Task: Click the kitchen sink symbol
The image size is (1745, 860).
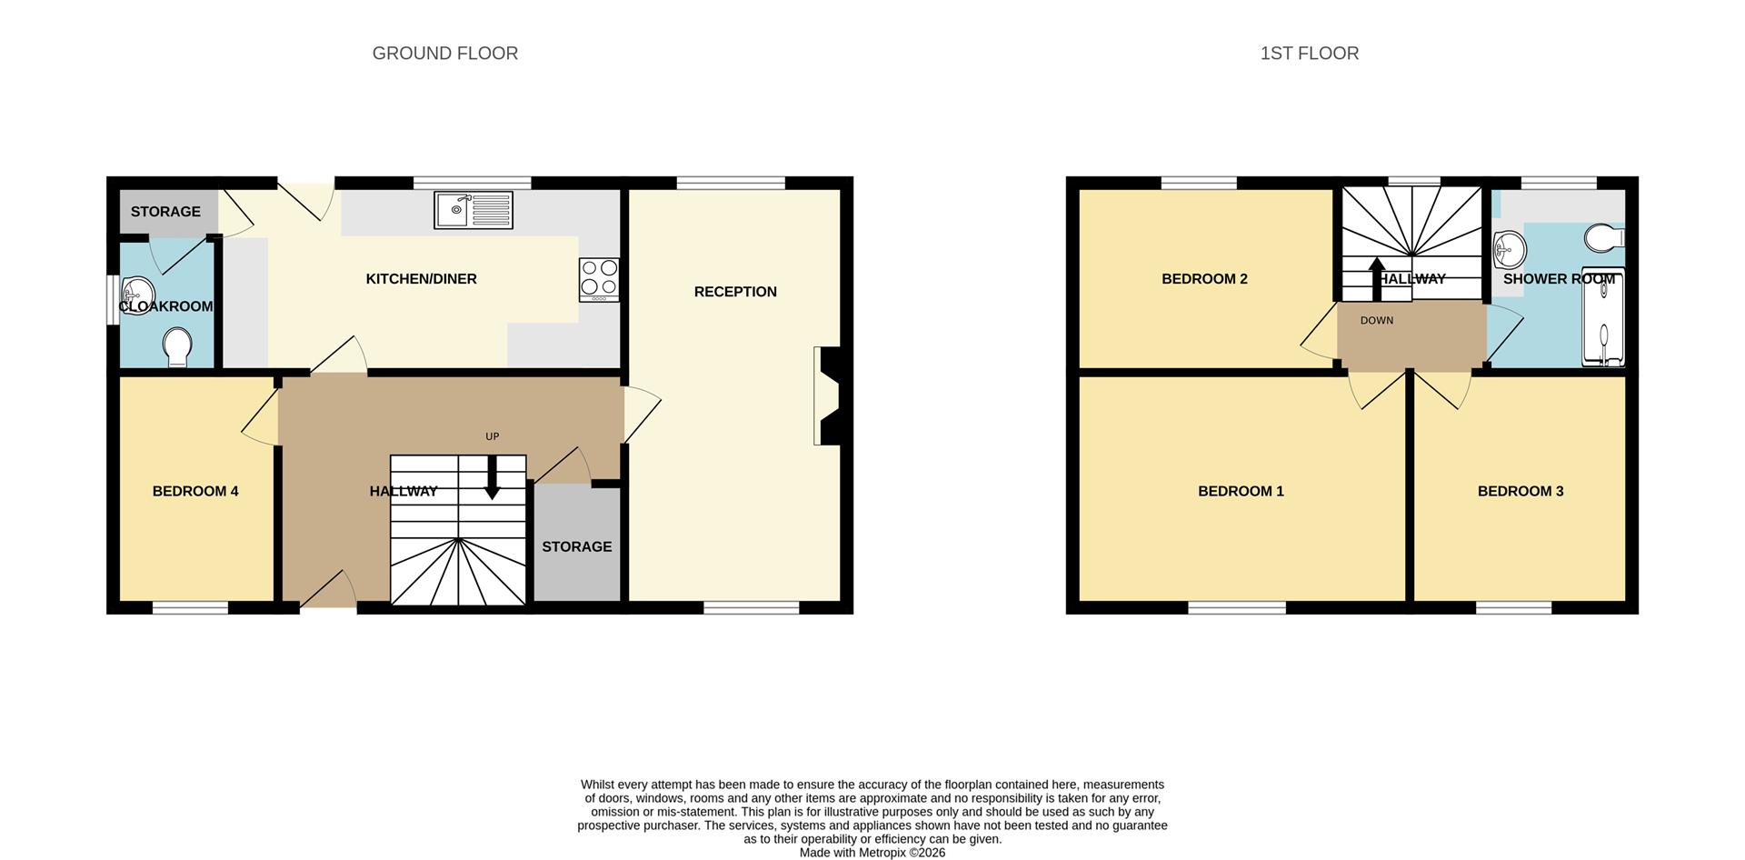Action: pyautogui.click(x=473, y=210)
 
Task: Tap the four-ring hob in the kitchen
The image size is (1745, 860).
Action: pyautogui.click(x=599, y=279)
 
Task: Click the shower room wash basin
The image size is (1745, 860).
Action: pyautogui.click(x=1509, y=247)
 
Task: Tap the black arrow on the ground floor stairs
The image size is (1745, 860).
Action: pyautogui.click(x=492, y=477)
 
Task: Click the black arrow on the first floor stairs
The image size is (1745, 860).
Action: pyautogui.click(x=1377, y=277)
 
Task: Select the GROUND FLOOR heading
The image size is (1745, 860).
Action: pyautogui.click(x=444, y=54)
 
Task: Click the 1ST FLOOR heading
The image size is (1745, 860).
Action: pyautogui.click(x=1309, y=54)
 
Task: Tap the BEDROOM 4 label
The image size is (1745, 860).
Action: pyautogui.click(x=195, y=491)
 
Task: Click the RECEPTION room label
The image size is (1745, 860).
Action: pyautogui.click(x=735, y=292)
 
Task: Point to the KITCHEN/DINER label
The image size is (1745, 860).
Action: pyautogui.click(x=421, y=279)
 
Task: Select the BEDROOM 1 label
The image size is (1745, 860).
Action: pyautogui.click(x=1241, y=491)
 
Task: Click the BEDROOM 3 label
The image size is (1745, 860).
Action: pyautogui.click(x=1520, y=491)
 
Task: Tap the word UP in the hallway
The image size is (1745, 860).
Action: pyautogui.click(x=492, y=436)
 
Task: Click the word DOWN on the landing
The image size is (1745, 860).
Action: pyautogui.click(x=1376, y=320)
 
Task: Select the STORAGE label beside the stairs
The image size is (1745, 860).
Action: pyautogui.click(x=576, y=546)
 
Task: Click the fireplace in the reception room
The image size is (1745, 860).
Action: pyautogui.click(x=828, y=396)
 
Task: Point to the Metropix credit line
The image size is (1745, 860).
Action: pyautogui.click(x=872, y=853)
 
